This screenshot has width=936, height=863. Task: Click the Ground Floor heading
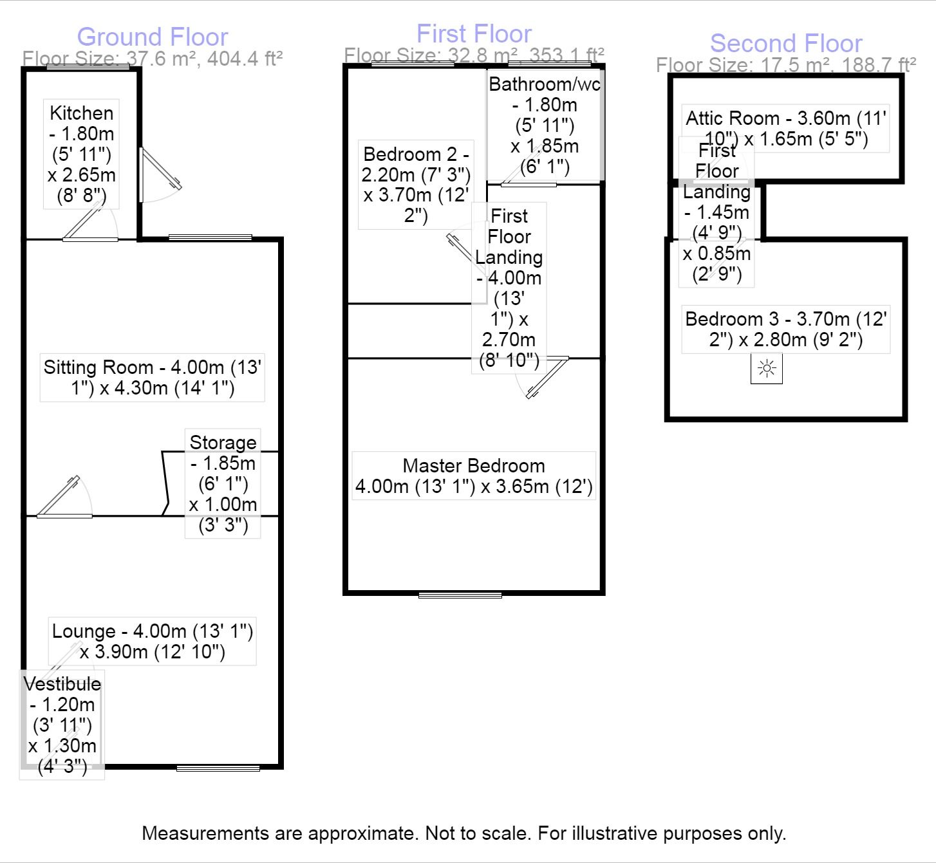pyautogui.click(x=152, y=37)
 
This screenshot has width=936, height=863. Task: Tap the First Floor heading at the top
pyautogui.click(x=474, y=33)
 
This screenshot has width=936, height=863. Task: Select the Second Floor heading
pyautogui.click(x=786, y=43)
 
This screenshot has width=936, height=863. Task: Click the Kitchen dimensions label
pyautogui.click(x=81, y=154)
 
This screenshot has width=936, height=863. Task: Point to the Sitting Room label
pyautogui.click(x=152, y=378)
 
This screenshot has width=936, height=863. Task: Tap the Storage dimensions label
pyautogui.click(x=223, y=483)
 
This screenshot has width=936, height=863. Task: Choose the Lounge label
pyautogui.click(x=152, y=641)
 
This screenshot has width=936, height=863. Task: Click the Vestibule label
pyautogui.click(x=62, y=725)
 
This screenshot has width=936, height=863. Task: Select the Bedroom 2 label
pyautogui.click(x=416, y=185)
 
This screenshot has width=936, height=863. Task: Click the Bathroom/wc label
pyautogui.click(x=545, y=125)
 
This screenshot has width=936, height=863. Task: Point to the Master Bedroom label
pyautogui.click(x=474, y=476)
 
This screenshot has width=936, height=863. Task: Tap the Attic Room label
pyautogui.click(x=785, y=128)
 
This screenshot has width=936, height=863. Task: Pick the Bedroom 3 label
pyautogui.click(x=785, y=329)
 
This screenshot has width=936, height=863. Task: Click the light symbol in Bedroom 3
pyautogui.click(x=767, y=369)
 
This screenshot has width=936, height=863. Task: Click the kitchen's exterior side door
pyautogui.click(x=160, y=175)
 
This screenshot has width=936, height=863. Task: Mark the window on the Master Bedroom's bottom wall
pyautogui.click(x=460, y=595)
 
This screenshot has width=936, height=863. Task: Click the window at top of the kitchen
pyautogui.click(x=88, y=67)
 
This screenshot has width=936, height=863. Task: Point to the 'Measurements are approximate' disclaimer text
pyautogui.click(x=464, y=833)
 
